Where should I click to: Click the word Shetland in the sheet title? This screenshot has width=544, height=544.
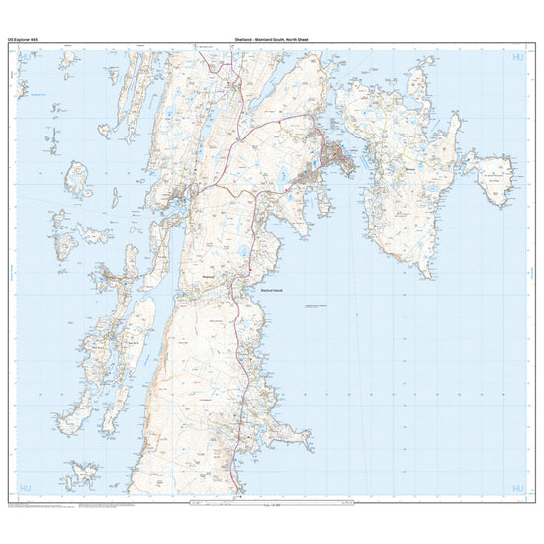[245, 38]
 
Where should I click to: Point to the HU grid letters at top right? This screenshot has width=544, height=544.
[518, 59]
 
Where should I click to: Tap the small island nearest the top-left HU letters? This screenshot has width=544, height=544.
[66, 60]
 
